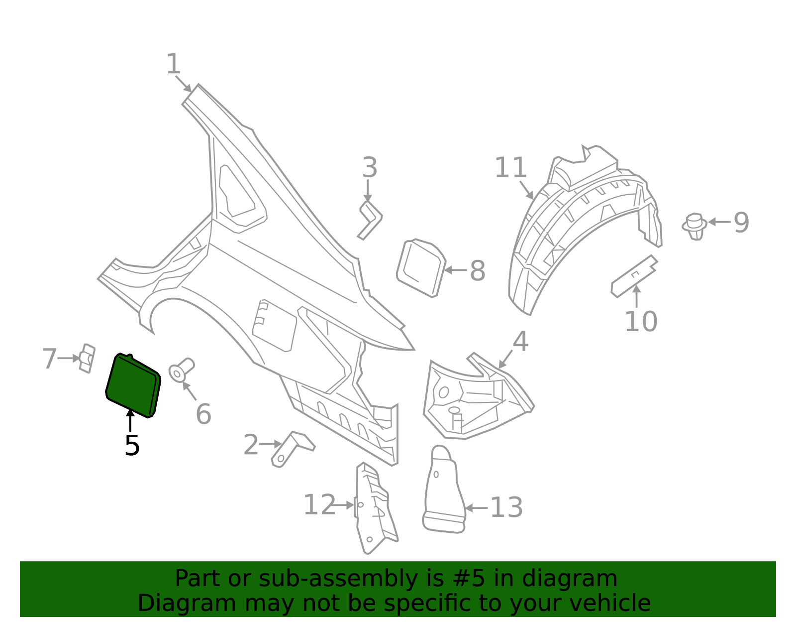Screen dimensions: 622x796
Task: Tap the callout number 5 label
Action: click(132, 445)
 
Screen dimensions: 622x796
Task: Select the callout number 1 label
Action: click(173, 65)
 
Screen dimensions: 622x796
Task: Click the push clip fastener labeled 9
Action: click(695, 226)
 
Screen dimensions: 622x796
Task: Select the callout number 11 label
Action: click(510, 168)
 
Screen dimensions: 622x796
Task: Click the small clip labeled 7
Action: click(87, 358)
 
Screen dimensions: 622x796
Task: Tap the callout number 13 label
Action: click(506, 507)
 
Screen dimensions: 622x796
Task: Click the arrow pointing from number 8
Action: click(455, 270)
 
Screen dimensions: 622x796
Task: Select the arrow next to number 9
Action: click(719, 222)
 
